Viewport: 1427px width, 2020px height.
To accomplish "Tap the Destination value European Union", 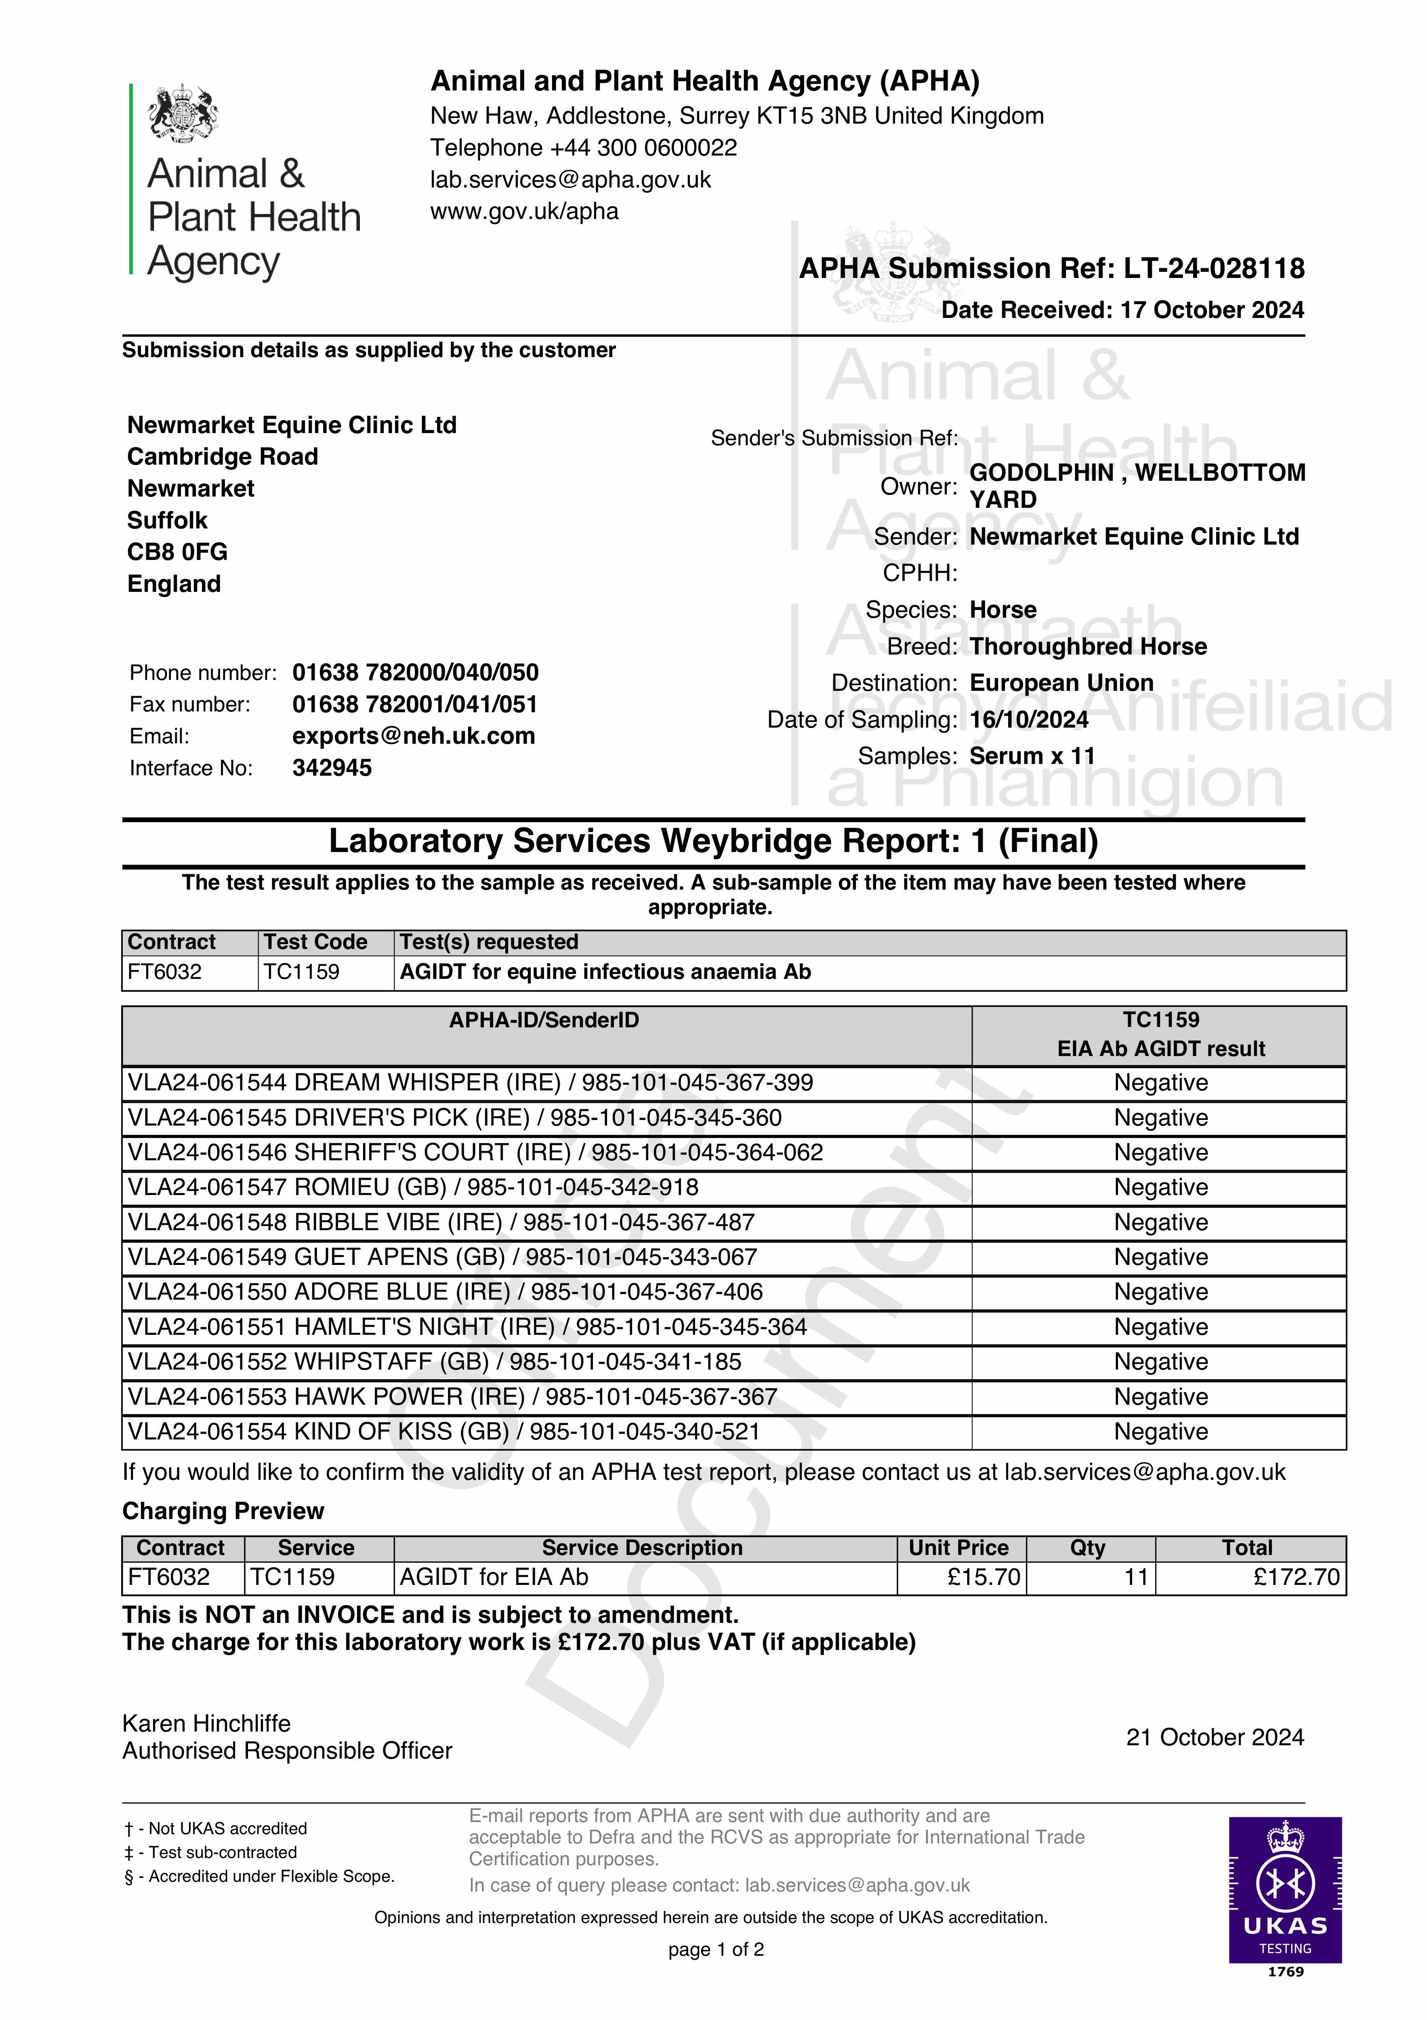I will point(1061,683).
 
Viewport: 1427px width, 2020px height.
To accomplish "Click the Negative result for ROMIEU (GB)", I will point(1160,1188).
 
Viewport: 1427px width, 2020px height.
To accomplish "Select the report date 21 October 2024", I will point(1214,1738).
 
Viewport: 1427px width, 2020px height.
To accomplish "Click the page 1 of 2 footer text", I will point(715,1950).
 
